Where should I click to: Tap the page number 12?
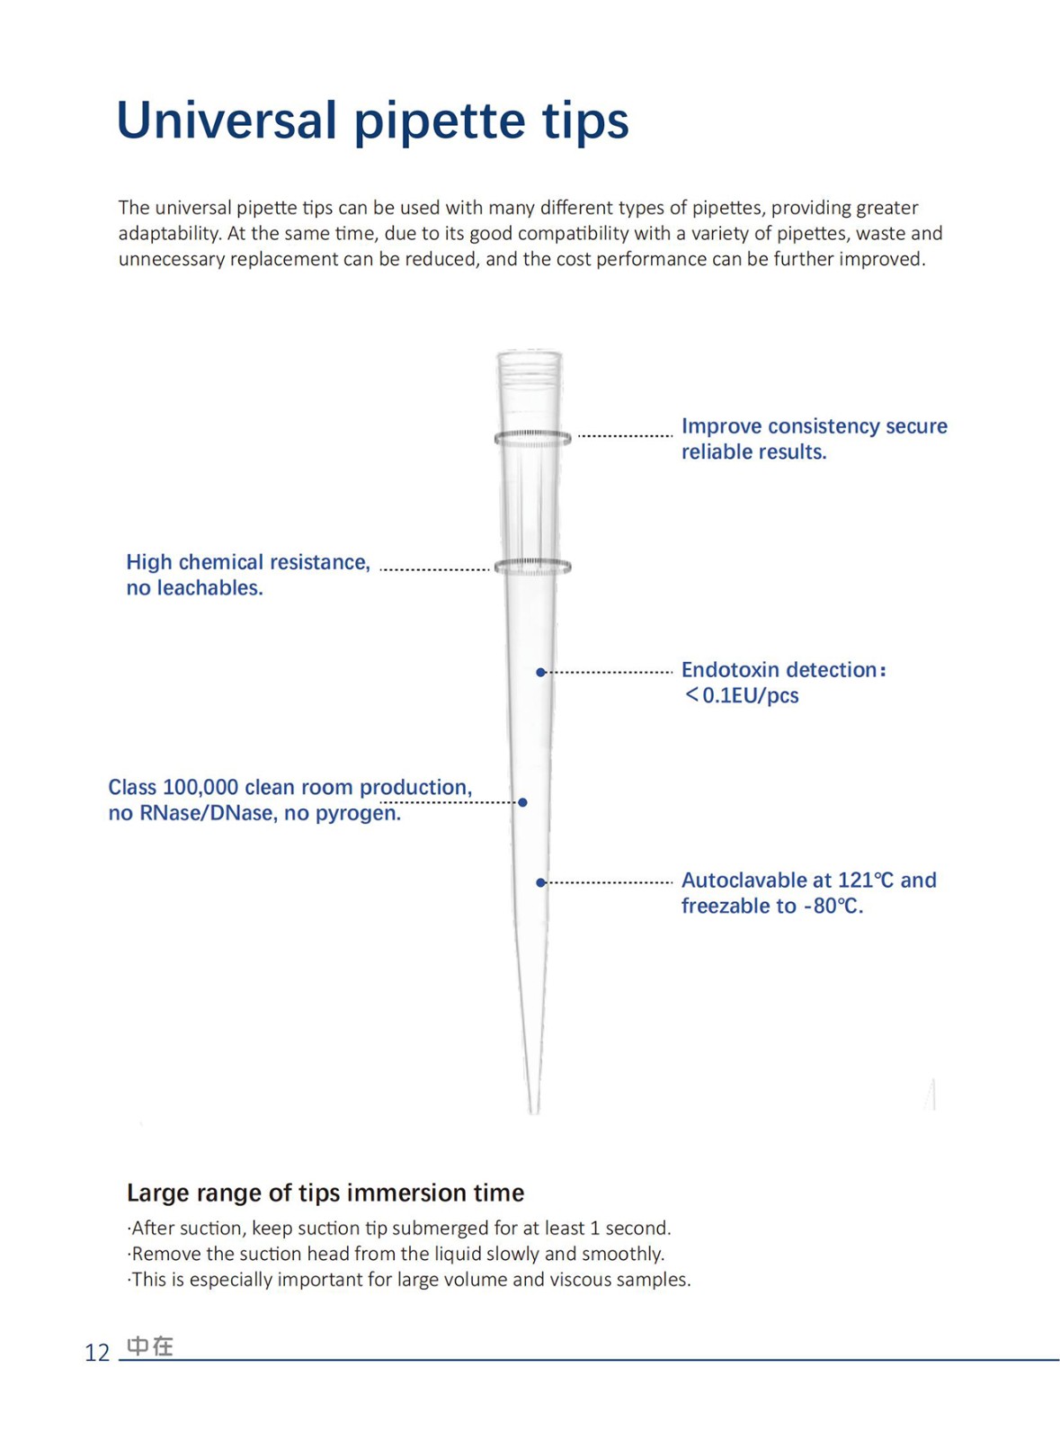coord(96,1353)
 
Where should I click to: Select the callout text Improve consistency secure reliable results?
coord(814,439)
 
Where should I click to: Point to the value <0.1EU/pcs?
coord(742,695)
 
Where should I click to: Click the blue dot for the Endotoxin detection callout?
coord(540,672)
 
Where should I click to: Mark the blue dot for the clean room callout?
coord(522,801)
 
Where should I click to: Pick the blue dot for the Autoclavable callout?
coord(540,882)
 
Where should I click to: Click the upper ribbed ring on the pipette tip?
coord(532,438)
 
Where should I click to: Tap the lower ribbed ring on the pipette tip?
coord(532,567)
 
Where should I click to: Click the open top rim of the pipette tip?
coord(530,355)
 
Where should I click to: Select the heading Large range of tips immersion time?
coord(325,1193)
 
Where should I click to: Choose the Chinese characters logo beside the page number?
coord(150,1345)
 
